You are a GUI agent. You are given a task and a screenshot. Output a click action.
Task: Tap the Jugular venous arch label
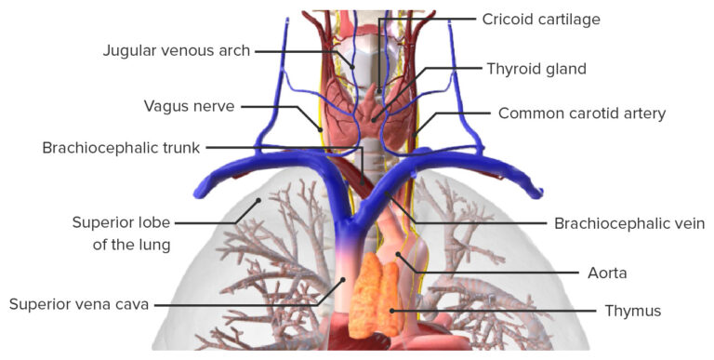(176, 51)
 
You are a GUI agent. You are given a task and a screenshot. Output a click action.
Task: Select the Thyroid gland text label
(536, 69)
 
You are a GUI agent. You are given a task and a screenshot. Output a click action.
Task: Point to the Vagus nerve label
(189, 105)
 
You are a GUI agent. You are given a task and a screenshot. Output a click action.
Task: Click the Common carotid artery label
(582, 113)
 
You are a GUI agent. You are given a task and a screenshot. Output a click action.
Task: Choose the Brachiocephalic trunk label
(121, 148)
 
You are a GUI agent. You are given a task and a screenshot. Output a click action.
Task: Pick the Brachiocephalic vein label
(629, 223)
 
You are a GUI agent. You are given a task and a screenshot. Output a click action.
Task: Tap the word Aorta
(607, 273)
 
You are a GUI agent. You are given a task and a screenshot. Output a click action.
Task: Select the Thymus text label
(632, 311)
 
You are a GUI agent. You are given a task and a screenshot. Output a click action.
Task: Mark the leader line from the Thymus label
(493, 310)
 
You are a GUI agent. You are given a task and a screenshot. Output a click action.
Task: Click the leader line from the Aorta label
(493, 273)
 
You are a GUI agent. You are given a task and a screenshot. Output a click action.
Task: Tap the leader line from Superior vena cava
(242, 304)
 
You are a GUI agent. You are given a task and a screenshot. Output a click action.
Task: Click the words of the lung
(123, 246)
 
